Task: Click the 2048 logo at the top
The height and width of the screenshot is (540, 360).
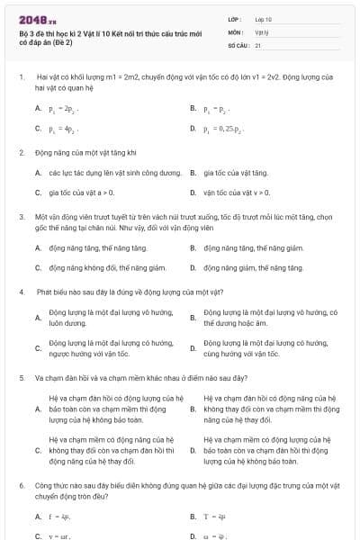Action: coord(35,18)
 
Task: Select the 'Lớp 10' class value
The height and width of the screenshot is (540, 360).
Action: coord(264,18)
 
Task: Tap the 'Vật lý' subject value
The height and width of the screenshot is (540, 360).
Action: coord(262,31)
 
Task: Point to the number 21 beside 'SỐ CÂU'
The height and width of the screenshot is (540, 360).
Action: coord(258,44)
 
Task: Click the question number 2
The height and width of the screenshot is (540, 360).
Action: coord(21,152)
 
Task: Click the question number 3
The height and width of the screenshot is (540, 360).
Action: coord(21,217)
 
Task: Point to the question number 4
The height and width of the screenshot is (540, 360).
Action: coord(21,292)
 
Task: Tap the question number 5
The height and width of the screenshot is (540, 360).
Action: coord(21,378)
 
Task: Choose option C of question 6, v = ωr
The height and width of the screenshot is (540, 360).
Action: coord(61,536)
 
